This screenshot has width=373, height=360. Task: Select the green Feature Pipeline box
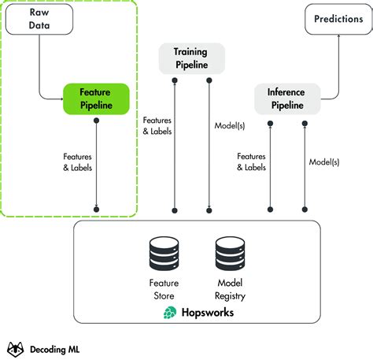[x=95, y=98]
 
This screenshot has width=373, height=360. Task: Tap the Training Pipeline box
[x=191, y=57]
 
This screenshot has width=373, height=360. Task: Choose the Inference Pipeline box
[x=289, y=98]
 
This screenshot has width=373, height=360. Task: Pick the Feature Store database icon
[x=165, y=254]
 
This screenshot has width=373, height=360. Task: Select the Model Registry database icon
[x=231, y=254]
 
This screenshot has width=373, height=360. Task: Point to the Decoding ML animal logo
[x=15, y=347]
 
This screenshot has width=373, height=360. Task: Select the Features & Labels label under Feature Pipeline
[x=76, y=161]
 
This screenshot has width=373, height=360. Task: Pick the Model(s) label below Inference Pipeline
[x=323, y=161]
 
